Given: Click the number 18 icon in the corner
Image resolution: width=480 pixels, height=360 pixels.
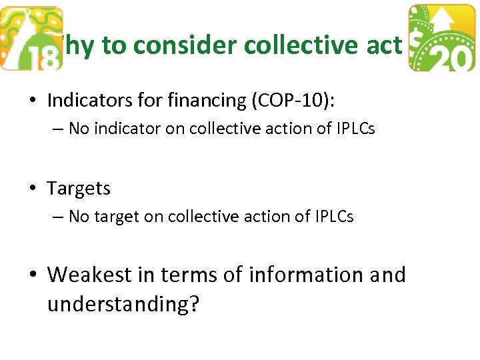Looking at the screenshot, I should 32,39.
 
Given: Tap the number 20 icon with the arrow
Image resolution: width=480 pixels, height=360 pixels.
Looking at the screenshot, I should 441,39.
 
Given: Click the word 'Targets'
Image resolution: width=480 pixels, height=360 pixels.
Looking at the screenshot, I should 79,189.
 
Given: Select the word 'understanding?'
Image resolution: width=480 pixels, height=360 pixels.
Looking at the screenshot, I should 123,305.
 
